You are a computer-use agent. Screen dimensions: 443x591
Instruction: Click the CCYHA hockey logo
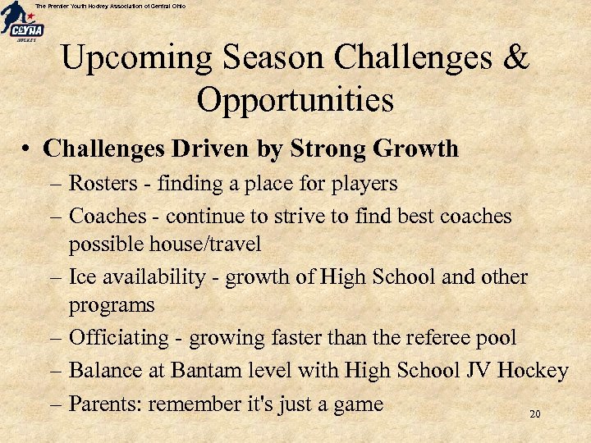tap(22, 23)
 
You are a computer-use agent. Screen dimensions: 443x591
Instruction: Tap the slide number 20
tap(534, 415)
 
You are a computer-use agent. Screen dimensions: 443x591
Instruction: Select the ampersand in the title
tap(515, 59)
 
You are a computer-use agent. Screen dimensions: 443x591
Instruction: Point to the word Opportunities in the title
tap(295, 101)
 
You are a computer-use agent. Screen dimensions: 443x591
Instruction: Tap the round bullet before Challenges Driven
tap(28, 149)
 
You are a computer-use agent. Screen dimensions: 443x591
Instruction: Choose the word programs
tap(112, 306)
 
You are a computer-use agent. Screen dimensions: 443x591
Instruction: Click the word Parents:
tap(105, 404)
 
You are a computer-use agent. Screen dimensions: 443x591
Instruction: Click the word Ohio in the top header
tap(177, 6)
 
